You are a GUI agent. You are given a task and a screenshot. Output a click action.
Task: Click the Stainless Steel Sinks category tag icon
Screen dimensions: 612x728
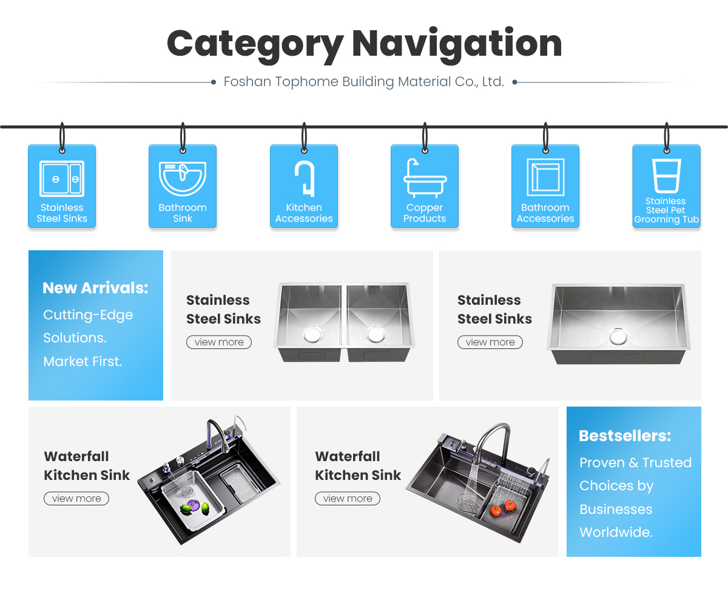62,179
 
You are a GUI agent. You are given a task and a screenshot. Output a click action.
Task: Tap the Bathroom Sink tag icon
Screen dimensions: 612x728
183,179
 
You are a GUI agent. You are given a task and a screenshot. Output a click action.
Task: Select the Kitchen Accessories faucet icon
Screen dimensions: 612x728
305,178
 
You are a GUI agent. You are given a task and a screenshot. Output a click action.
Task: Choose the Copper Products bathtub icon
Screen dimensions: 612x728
425,179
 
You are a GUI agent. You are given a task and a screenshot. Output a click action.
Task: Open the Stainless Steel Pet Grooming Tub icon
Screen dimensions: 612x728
666,176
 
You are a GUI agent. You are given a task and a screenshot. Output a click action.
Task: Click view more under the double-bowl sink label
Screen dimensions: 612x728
218,342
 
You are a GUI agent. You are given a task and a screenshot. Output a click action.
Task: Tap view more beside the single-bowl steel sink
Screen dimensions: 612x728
490,342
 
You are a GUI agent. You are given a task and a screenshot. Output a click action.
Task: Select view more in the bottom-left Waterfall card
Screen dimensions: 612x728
76,499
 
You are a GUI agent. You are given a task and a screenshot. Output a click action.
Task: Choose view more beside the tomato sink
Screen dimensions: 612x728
347,499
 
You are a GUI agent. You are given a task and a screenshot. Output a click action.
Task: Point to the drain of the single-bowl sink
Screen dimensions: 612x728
618,336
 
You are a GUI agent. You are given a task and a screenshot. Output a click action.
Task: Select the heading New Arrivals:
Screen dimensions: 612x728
95,288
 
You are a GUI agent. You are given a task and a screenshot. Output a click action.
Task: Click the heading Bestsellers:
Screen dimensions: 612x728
625,436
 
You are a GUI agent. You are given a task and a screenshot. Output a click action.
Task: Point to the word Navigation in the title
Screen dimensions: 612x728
456,44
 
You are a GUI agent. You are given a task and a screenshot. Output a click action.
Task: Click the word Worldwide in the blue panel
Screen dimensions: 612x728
615,533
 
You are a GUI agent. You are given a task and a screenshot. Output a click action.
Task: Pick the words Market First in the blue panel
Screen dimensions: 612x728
83,362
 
